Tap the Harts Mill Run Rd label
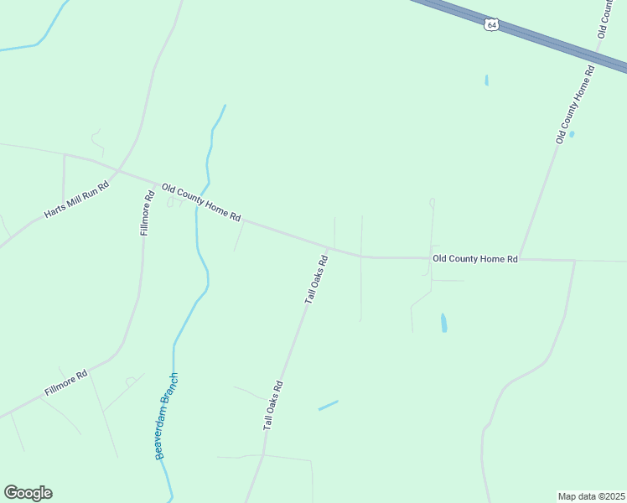pyautogui.click(x=77, y=200)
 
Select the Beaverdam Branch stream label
pyautogui.click(x=167, y=415)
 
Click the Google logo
pyautogui.click(x=28, y=493)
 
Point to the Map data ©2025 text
pyautogui.click(x=591, y=495)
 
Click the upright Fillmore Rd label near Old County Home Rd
pyautogui.click(x=147, y=213)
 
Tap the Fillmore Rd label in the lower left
pyautogui.click(x=65, y=384)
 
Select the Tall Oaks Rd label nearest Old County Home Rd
pyautogui.click(x=315, y=279)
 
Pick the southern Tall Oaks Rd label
pyautogui.click(x=274, y=406)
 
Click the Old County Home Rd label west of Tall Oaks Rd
pyautogui.click(x=201, y=203)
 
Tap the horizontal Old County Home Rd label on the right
pyautogui.click(x=475, y=259)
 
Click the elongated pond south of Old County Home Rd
pyautogui.click(x=443, y=323)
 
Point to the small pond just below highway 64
pyautogui.click(x=486, y=80)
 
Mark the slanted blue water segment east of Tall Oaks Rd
pyautogui.click(x=328, y=405)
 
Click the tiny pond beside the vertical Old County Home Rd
pyautogui.click(x=572, y=134)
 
